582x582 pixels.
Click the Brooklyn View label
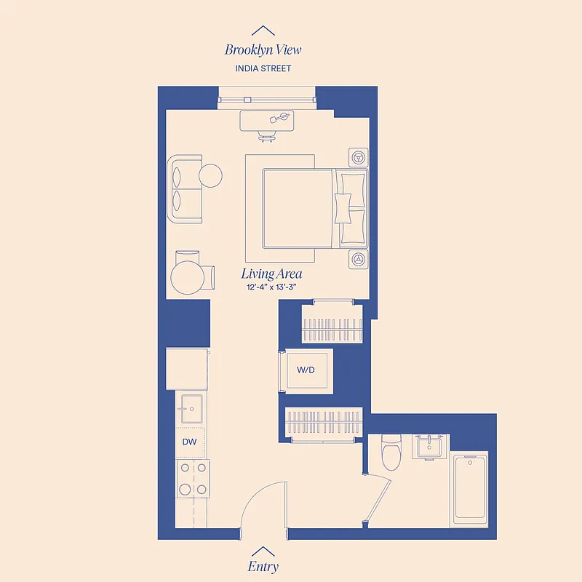(x=263, y=50)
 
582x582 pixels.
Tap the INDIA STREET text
(x=263, y=68)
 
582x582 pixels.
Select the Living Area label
(x=271, y=274)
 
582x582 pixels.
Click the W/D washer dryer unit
(x=306, y=371)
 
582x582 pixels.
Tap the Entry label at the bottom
(x=263, y=566)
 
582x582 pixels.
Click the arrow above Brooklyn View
(x=263, y=31)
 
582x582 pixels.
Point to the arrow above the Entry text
(x=263, y=551)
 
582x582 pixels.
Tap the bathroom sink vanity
(x=431, y=447)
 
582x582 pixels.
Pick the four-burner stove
(x=194, y=479)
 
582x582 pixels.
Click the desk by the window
(x=267, y=120)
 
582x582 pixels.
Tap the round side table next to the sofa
(x=210, y=175)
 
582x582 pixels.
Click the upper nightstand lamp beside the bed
(x=358, y=156)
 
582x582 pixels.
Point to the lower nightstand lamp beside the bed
(x=358, y=258)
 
